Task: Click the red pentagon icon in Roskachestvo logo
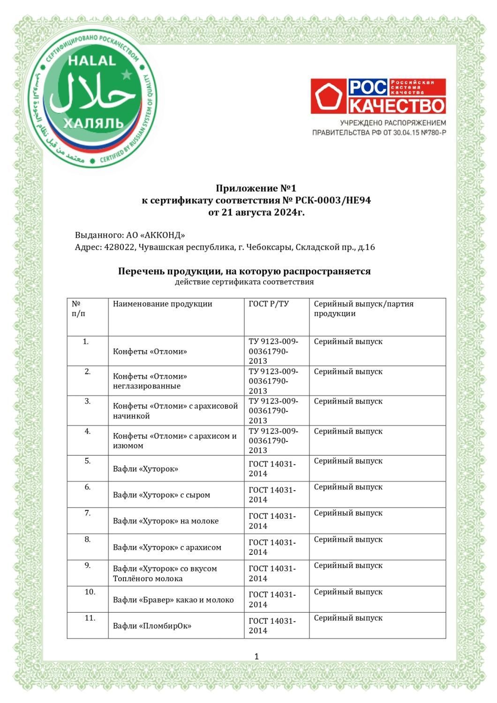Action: pos(329,97)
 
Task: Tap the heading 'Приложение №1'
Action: pos(256,188)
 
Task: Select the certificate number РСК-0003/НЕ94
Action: pos(333,201)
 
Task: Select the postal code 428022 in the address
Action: pos(118,247)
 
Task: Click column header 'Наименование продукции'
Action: pos(162,304)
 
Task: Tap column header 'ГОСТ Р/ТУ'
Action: pos(269,304)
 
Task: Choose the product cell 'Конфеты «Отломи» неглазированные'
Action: pos(150,381)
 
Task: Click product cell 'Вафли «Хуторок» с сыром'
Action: pos(161,495)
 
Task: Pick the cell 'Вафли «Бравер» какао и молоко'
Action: pos(173,600)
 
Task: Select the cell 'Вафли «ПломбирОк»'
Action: pos(152,626)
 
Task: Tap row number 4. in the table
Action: pos(88,431)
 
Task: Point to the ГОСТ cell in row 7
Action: pos(272,521)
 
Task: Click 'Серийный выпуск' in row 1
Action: pos(348,342)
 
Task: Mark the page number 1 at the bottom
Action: pos(256,657)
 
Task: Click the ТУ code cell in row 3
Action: pos(273,411)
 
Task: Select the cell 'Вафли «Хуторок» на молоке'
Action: pos(166,521)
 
